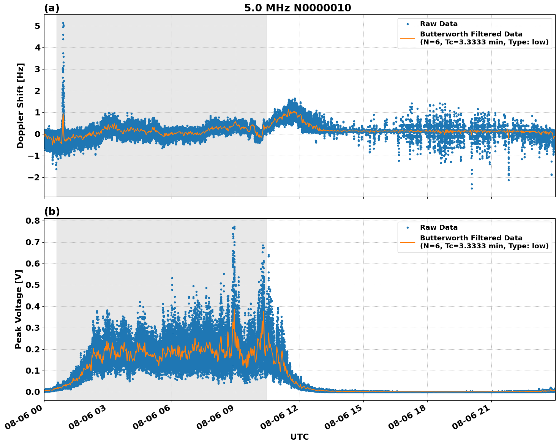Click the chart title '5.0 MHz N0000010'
[x=297, y=8]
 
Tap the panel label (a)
[x=52, y=8]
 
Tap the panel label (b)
[x=52, y=211]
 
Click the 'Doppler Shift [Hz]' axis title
[x=21, y=106]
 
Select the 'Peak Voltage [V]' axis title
[x=19, y=309]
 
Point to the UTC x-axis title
[x=299, y=437]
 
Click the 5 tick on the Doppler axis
[x=37, y=26]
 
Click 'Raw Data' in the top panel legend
[x=439, y=24]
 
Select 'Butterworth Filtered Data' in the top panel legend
[x=471, y=34]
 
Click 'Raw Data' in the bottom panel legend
[x=439, y=228]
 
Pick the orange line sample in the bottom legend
[x=407, y=242]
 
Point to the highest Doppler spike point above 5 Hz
[x=63, y=23]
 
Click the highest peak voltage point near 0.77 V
[x=234, y=227]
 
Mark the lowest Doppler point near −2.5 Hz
[x=472, y=188]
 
